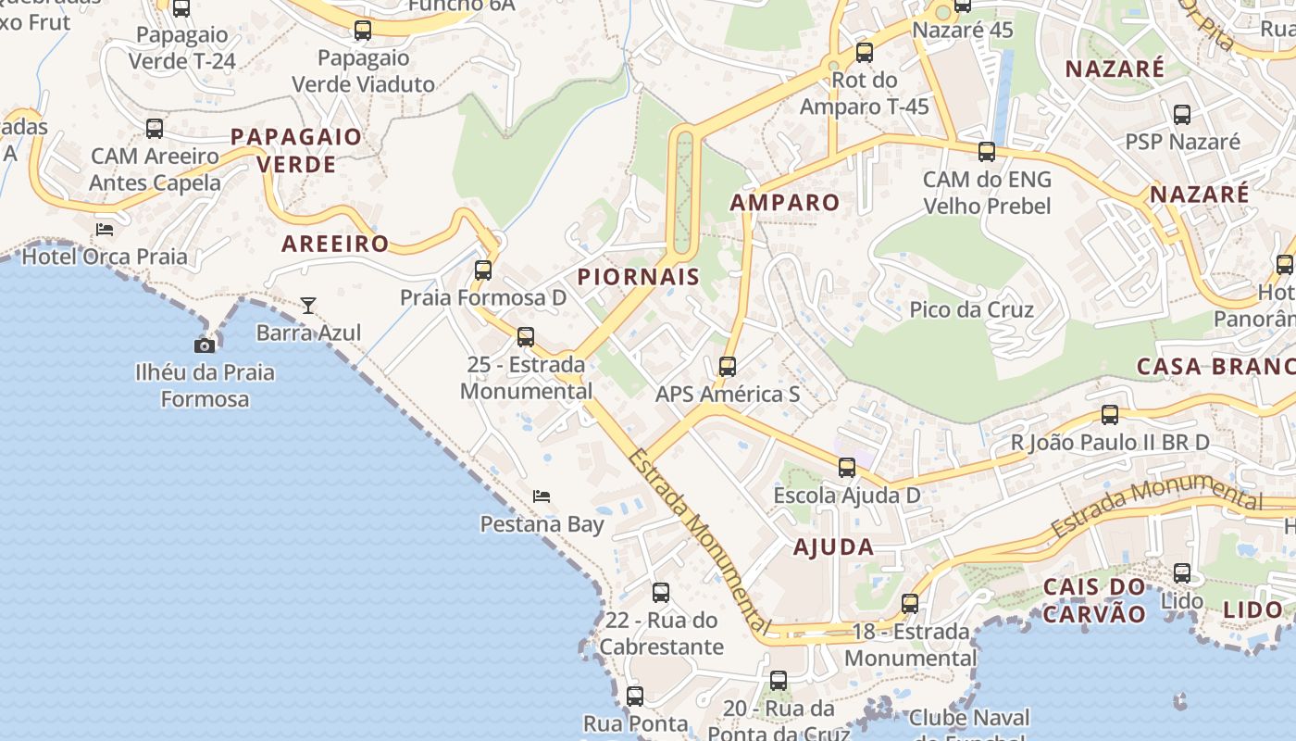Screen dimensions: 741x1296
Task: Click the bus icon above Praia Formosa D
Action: coord(482,270)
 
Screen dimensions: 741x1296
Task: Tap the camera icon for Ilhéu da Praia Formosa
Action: coord(205,345)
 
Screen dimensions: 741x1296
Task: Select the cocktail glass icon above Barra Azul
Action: coord(308,305)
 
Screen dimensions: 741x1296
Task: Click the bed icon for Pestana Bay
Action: coord(542,496)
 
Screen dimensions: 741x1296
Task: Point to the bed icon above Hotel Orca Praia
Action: coord(105,229)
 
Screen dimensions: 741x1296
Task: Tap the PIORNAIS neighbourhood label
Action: coord(639,277)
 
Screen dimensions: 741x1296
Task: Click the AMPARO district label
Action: coord(785,203)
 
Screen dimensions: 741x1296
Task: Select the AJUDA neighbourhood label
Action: coord(833,547)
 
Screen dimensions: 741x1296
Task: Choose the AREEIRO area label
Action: coord(335,245)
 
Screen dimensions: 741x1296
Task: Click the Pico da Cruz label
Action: coord(971,309)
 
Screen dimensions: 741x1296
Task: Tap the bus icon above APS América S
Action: coord(728,367)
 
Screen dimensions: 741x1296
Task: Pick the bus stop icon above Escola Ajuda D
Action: coord(847,468)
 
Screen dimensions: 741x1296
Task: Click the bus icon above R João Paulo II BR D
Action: coord(1110,415)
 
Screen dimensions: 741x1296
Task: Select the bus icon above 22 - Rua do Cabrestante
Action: coord(660,593)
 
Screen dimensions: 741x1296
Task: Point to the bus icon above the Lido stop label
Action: coord(1182,573)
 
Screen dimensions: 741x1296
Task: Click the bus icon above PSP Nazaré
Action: coord(1182,115)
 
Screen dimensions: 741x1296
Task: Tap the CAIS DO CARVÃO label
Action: coord(1094,600)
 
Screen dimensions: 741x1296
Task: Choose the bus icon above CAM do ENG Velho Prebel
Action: coord(987,152)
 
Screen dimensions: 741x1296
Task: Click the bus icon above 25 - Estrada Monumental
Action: coord(526,337)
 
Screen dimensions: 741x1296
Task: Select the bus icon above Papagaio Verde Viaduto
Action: coord(363,31)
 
